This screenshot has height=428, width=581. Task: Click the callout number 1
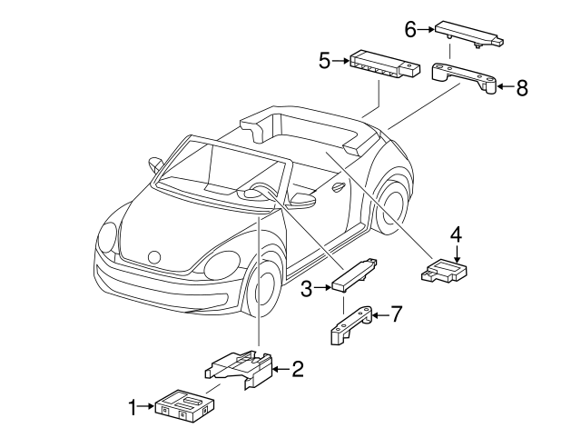[x=133, y=407]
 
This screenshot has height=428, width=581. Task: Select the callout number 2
[x=298, y=369]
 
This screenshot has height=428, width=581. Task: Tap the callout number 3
[x=307, y=289]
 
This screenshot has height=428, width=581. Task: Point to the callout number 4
[x=456, y=235]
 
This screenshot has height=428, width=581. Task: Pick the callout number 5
[x=325, y=61]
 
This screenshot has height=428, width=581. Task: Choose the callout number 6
[x=410, y=29]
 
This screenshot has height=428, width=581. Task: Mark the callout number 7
[x=397, y=314]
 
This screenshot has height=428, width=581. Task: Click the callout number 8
[x=522, y=88]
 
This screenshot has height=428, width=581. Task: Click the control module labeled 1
[x=185, y=406]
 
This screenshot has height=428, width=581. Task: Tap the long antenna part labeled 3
[x=355, y=274]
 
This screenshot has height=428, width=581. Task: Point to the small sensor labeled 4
[x=444, y=271]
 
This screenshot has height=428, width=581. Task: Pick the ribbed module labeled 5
[x=385, y=65]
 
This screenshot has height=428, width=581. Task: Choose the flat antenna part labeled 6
[x=469, y=35]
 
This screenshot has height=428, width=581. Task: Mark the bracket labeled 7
[x=350, y=325]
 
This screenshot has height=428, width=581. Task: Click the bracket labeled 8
[x=464, y=77]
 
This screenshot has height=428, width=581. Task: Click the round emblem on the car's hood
[x=154, y=257]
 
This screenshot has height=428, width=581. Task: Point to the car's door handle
[x=339, y=187]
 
